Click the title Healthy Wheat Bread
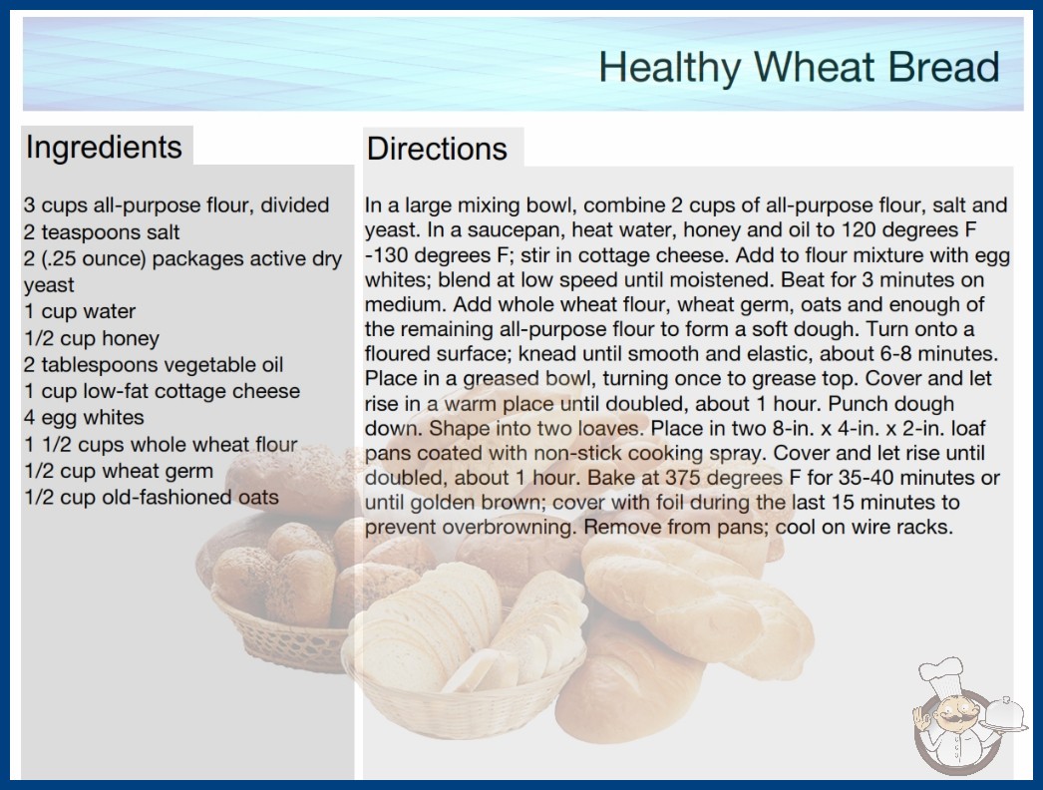point(799,67)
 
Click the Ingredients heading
point(104,148)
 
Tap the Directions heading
point(437,149)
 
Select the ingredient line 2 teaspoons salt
point(102,232)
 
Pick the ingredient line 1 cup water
point(80,311)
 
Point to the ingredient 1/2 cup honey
point(92,338)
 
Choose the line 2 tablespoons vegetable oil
point(154,365)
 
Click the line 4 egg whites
point(84,417)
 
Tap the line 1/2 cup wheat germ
point(119,471)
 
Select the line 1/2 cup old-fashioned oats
point(152,497)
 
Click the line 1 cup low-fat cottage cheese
point(163,391)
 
